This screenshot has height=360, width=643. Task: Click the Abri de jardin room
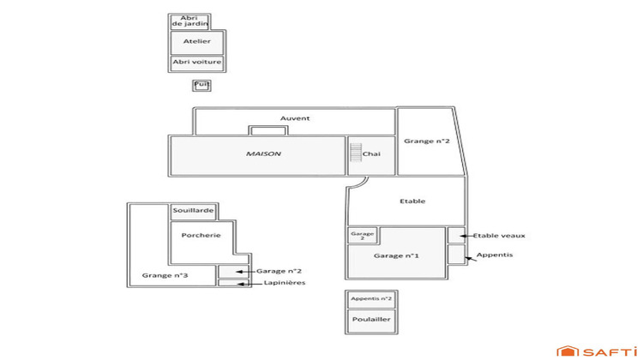tap(184, 21)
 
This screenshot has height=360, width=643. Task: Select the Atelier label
tap(197, 41)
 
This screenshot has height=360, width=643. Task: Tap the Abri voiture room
tap(197, 63)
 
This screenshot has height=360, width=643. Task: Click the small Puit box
tap(201, 85)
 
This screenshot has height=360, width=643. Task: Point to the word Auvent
tap(295, 118)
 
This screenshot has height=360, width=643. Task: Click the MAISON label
tap(264, 154)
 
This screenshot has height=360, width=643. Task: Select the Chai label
tap(371, 154)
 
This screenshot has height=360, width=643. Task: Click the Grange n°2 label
tap(427, 141)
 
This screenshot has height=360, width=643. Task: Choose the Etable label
tap(412, 201)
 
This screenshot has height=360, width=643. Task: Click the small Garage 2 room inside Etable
tap(361, 235)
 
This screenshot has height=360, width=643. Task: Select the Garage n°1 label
tap(395, 256)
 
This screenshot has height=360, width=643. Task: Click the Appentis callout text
tap(495, 255)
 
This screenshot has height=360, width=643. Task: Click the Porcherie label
tap(201, 236)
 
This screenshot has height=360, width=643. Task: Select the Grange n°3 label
tap(165, 275)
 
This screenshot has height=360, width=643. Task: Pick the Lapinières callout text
tap(284, 283)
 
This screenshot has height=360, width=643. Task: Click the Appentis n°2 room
tap(371, 299)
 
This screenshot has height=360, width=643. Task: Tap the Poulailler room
tap(371, 319)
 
